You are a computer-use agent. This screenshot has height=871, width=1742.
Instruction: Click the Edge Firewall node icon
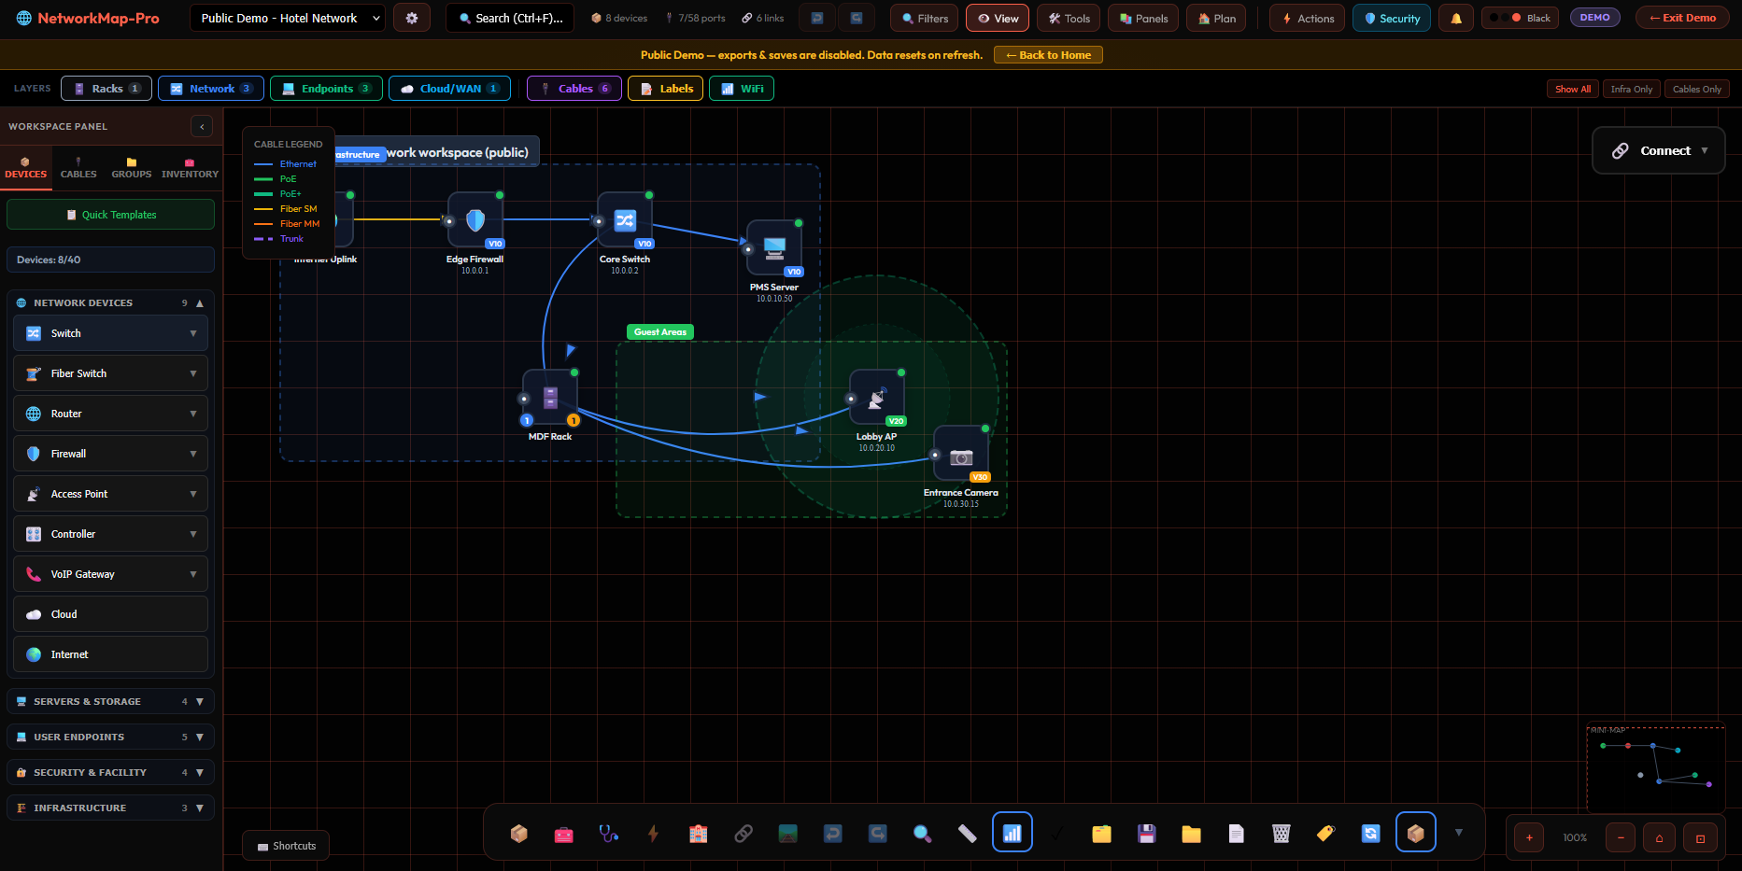pyautogui.click(x=475, y=220)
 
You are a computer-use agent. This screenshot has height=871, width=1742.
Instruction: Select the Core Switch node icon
pyautogui.click(x=625, y=220)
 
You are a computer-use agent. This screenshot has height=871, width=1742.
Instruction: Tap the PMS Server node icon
pyautogui.click(x=774, y=248)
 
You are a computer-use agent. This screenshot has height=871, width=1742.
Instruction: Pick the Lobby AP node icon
pyautogui.click(x=876, y=399)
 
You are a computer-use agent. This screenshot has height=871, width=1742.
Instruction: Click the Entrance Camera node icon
pyautogui.click(x=961, y=455)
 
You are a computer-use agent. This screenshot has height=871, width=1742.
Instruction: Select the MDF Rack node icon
pyautogui.click(x=550, y=398)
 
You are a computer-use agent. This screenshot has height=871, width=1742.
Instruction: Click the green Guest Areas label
pyautogui.click(x=659, y=332)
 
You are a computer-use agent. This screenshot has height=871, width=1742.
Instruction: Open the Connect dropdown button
pyautogui.click(x=1658, y=150)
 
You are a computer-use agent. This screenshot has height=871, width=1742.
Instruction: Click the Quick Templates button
pyautogui.click(x=110, y=215)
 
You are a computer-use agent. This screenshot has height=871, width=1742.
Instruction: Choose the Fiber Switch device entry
pyautogui.click(x=110, y=373)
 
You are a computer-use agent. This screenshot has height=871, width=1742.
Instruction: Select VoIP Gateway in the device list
pyautogui.click(x=110, y=574)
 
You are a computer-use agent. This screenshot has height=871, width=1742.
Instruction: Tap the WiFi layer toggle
pyautogui.click(x=742, y=89)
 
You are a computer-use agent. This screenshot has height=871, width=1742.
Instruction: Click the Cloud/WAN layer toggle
pyautogui.click(x=449, y=89)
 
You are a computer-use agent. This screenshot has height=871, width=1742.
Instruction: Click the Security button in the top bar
pyautogui.click(x=1391, y=18)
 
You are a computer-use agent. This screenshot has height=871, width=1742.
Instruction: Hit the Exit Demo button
pyautogui.click(x=1681, y=18)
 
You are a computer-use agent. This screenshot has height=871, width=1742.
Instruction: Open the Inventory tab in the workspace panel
pyautogui.click(x=190, y=168)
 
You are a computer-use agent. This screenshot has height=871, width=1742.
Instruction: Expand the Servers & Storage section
pyautogui.click(x=110, y=701)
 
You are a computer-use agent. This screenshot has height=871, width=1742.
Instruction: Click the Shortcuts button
pyautogui.click(x=286, y=846)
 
